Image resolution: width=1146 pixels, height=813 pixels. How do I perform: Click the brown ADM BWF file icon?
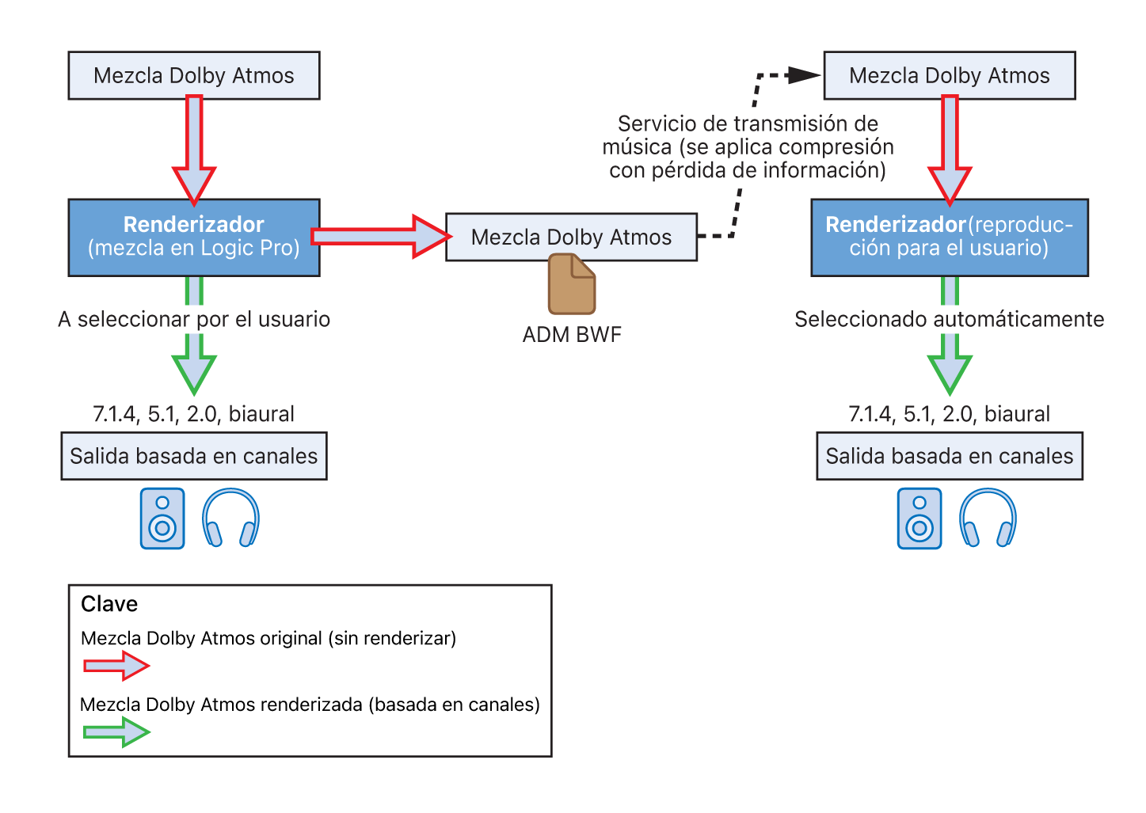[572, 284]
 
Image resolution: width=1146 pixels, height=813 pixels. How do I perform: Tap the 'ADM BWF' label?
[572, 335]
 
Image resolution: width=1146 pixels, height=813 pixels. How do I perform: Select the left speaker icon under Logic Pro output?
[162, 519]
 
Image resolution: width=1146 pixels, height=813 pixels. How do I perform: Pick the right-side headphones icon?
[988, 519]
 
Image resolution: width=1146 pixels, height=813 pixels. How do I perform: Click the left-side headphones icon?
[230, 519]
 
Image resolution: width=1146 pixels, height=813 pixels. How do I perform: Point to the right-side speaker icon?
[919, 519]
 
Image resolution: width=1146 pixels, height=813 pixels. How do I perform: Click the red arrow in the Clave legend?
[116, 667]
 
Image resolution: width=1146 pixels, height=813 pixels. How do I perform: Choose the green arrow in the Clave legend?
[116, 732]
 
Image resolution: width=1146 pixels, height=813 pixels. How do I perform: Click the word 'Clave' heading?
[109, 604]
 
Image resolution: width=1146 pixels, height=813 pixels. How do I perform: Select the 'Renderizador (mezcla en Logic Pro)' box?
[194, 237]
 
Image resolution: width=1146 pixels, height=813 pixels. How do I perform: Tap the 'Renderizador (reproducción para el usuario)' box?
[950, 237]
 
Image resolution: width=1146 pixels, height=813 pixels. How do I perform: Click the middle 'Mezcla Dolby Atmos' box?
[571, 237]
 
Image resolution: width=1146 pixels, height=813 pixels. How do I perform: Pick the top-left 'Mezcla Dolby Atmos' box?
[194, 75]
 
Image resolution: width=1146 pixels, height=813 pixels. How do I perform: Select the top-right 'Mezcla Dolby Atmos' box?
[950, 75]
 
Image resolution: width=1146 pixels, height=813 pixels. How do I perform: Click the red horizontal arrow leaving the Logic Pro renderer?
[380, 236]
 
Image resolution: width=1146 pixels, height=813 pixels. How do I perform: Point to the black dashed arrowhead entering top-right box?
[804, 75]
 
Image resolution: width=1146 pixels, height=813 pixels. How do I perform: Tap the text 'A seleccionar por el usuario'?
[194, 319]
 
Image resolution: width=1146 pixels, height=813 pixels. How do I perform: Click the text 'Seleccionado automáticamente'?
[950, 319]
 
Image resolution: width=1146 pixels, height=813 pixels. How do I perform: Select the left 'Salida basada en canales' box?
[194, 456]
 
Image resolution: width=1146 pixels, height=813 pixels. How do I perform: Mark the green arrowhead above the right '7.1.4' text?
[950, 373]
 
